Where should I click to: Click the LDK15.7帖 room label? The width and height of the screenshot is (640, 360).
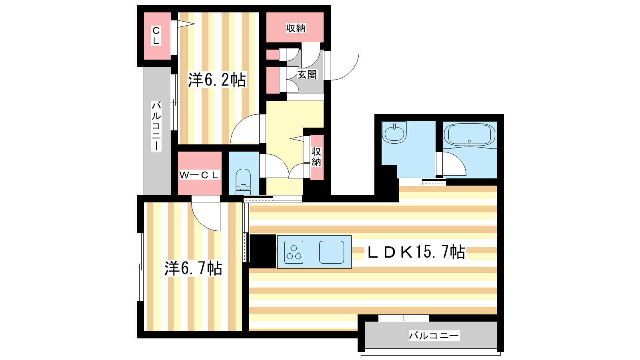[x=416, y=252]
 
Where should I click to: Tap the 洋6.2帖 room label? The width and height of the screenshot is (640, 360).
[x=217, y=80]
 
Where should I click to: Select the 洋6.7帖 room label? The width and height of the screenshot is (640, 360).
[x=193, y=268]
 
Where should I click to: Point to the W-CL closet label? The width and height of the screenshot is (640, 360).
[x=199, y=175]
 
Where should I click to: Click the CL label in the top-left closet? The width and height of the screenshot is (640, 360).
[x=156, y=36]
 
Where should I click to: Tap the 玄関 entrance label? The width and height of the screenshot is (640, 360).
[x=307, y=74]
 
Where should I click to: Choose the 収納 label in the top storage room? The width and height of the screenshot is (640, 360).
[x=296, y=28]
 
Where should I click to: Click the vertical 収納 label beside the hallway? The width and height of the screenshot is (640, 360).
[x=316, y=157]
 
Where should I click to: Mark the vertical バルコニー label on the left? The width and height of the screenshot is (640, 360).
[x=156, y=126]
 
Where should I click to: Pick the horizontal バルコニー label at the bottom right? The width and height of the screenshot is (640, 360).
[x=434, y=336]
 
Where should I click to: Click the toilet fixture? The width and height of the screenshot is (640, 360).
[x=243, y=182]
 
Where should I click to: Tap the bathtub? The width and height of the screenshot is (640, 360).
[x=470, y=135]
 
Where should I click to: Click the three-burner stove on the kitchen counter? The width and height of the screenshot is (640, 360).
[x=294, y=252]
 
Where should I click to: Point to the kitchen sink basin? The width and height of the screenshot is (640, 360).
[x=332, y=252]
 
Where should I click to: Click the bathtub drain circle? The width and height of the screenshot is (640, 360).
[x=469, y=141]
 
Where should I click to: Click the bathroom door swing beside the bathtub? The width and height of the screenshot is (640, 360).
[x=451, y=164]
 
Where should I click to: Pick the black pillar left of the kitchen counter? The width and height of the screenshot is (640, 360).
[x=263, y=252]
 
